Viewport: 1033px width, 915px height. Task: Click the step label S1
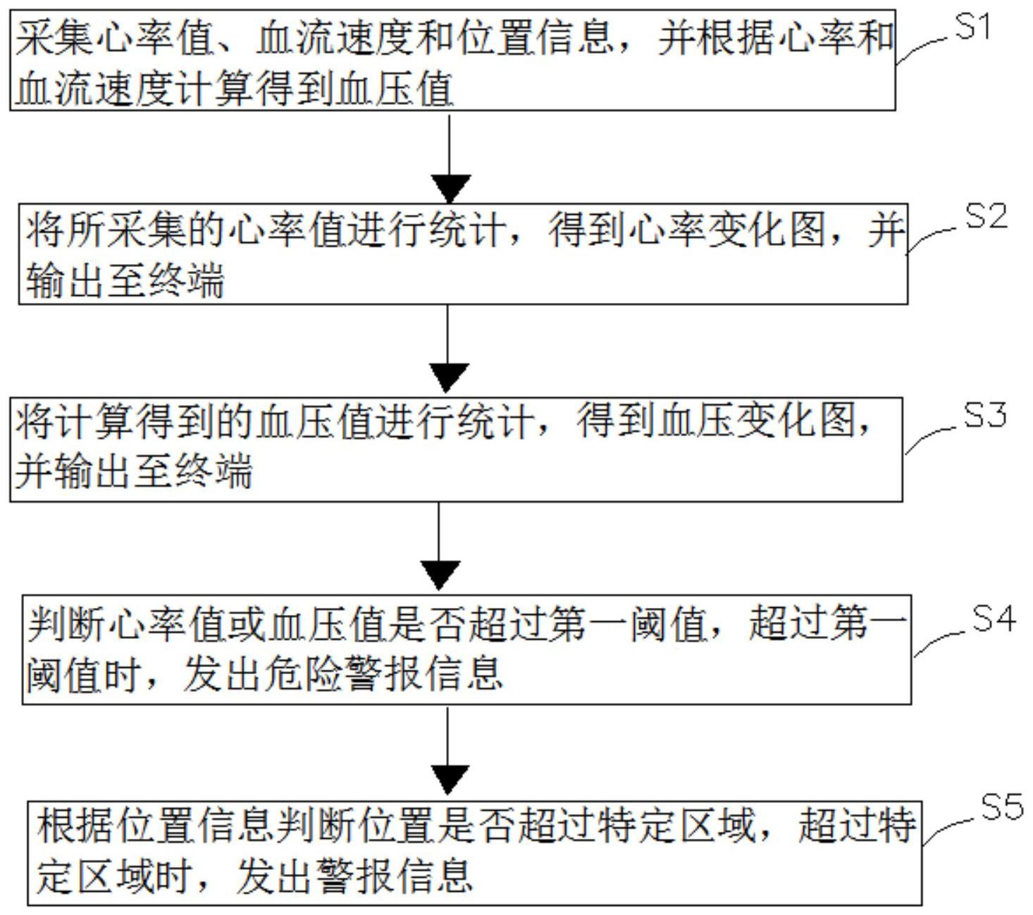pos(972,27)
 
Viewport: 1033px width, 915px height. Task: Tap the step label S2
pos(986,216)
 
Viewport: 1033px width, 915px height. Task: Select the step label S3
pos(985,416)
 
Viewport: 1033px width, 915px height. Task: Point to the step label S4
pos(994,618)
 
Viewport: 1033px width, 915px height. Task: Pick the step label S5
pos(1002,807)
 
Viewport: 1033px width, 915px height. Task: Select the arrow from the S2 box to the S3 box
pos(448,349)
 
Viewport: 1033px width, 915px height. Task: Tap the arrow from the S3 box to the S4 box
pos(439,547)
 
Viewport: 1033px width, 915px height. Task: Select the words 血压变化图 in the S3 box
pos(757,421)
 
